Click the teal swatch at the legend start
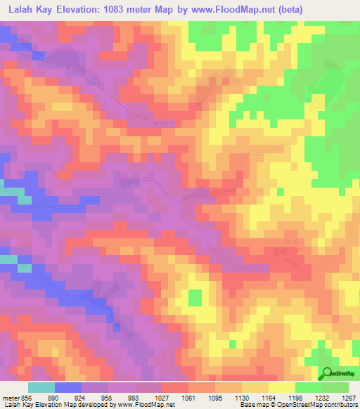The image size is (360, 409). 41,387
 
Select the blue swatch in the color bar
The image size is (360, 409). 68,387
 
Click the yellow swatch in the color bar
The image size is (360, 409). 281,387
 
